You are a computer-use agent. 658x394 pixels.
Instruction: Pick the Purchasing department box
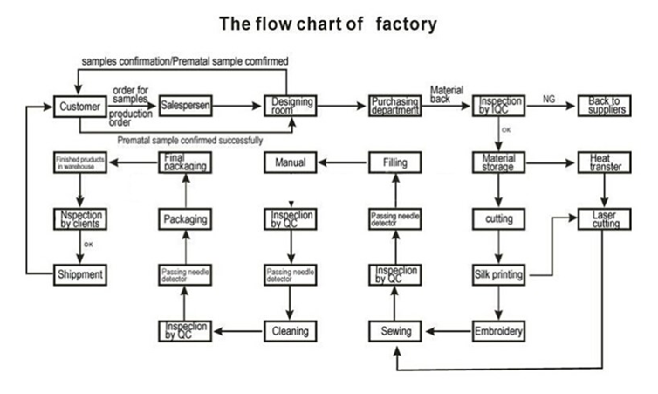[394, 106]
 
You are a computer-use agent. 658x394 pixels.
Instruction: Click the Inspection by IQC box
[500, 106]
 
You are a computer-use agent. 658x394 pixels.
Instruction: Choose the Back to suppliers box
[604, 106]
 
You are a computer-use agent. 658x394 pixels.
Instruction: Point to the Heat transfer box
[604, 162]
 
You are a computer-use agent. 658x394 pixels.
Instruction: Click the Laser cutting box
[604, 218]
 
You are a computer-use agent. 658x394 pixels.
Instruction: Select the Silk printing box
[500, 275]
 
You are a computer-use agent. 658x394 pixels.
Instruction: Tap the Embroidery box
[500, 331]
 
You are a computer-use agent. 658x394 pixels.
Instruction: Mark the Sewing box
[395, 331]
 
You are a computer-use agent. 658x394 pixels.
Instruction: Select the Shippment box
[80, 274]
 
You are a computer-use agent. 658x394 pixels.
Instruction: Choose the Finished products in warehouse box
[80, 162]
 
